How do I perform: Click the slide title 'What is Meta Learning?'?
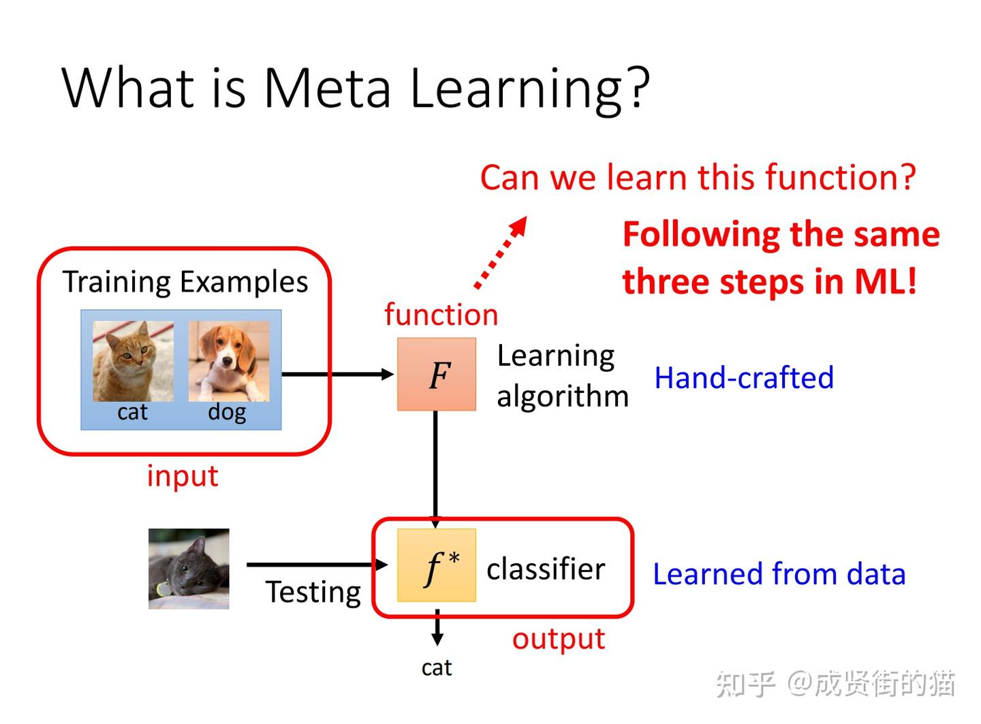(x=356, y=88)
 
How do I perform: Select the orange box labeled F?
(x=437, y=375)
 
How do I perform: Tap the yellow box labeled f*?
(x=437, y=565)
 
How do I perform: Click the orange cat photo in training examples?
(x=133, y=361)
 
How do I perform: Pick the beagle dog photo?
(x=229, y=361)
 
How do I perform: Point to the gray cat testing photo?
(x=189, y=569)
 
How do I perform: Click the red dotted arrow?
(x=501, y=252)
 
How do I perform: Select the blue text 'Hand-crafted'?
(x=744, y=378)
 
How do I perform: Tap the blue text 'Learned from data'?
(x=779, y=574)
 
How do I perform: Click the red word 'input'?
(x=183, y=476)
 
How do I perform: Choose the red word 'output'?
(x=559, y=639)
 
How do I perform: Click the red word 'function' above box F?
(x=441, y=315)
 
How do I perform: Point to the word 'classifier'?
(x=546, y=569)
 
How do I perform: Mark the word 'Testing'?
(x=313, y=592)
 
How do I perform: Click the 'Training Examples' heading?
(x=185, y=282)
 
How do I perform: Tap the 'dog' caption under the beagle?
(x=227, y=413)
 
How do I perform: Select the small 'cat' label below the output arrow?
(x=437, y=667)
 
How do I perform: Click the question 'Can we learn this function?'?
(x=698, y=178)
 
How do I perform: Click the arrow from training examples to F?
(x=337, y=374)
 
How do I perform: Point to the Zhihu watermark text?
(x=835, y=683)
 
